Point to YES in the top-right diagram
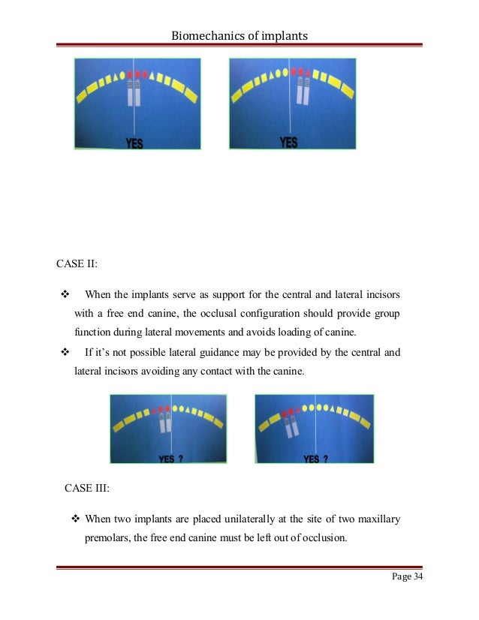click(288, 142)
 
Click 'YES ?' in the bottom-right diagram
click(315, 459)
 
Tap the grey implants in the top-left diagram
click(134, 92)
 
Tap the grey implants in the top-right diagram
click(303, 91)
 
